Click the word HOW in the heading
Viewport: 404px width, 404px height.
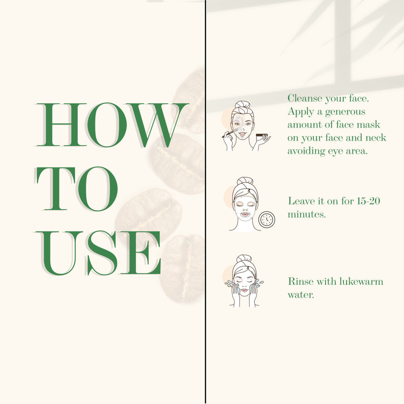(112, 125)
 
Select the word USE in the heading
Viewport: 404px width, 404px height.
(98, 253)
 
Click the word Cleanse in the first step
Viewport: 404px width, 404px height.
(305, 99)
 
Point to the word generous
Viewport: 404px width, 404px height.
(345, 112)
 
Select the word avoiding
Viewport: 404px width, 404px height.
(306, 151)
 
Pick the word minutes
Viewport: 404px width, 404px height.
(307, 215)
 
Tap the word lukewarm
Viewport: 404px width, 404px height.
(361, 281)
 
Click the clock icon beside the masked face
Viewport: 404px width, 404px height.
(267, 220)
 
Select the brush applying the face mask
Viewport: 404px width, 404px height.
(230, 133)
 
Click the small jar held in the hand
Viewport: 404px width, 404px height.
(262, 135)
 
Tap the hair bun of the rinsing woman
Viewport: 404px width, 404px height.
(244, 259)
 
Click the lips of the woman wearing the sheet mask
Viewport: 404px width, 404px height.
(245, 215)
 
